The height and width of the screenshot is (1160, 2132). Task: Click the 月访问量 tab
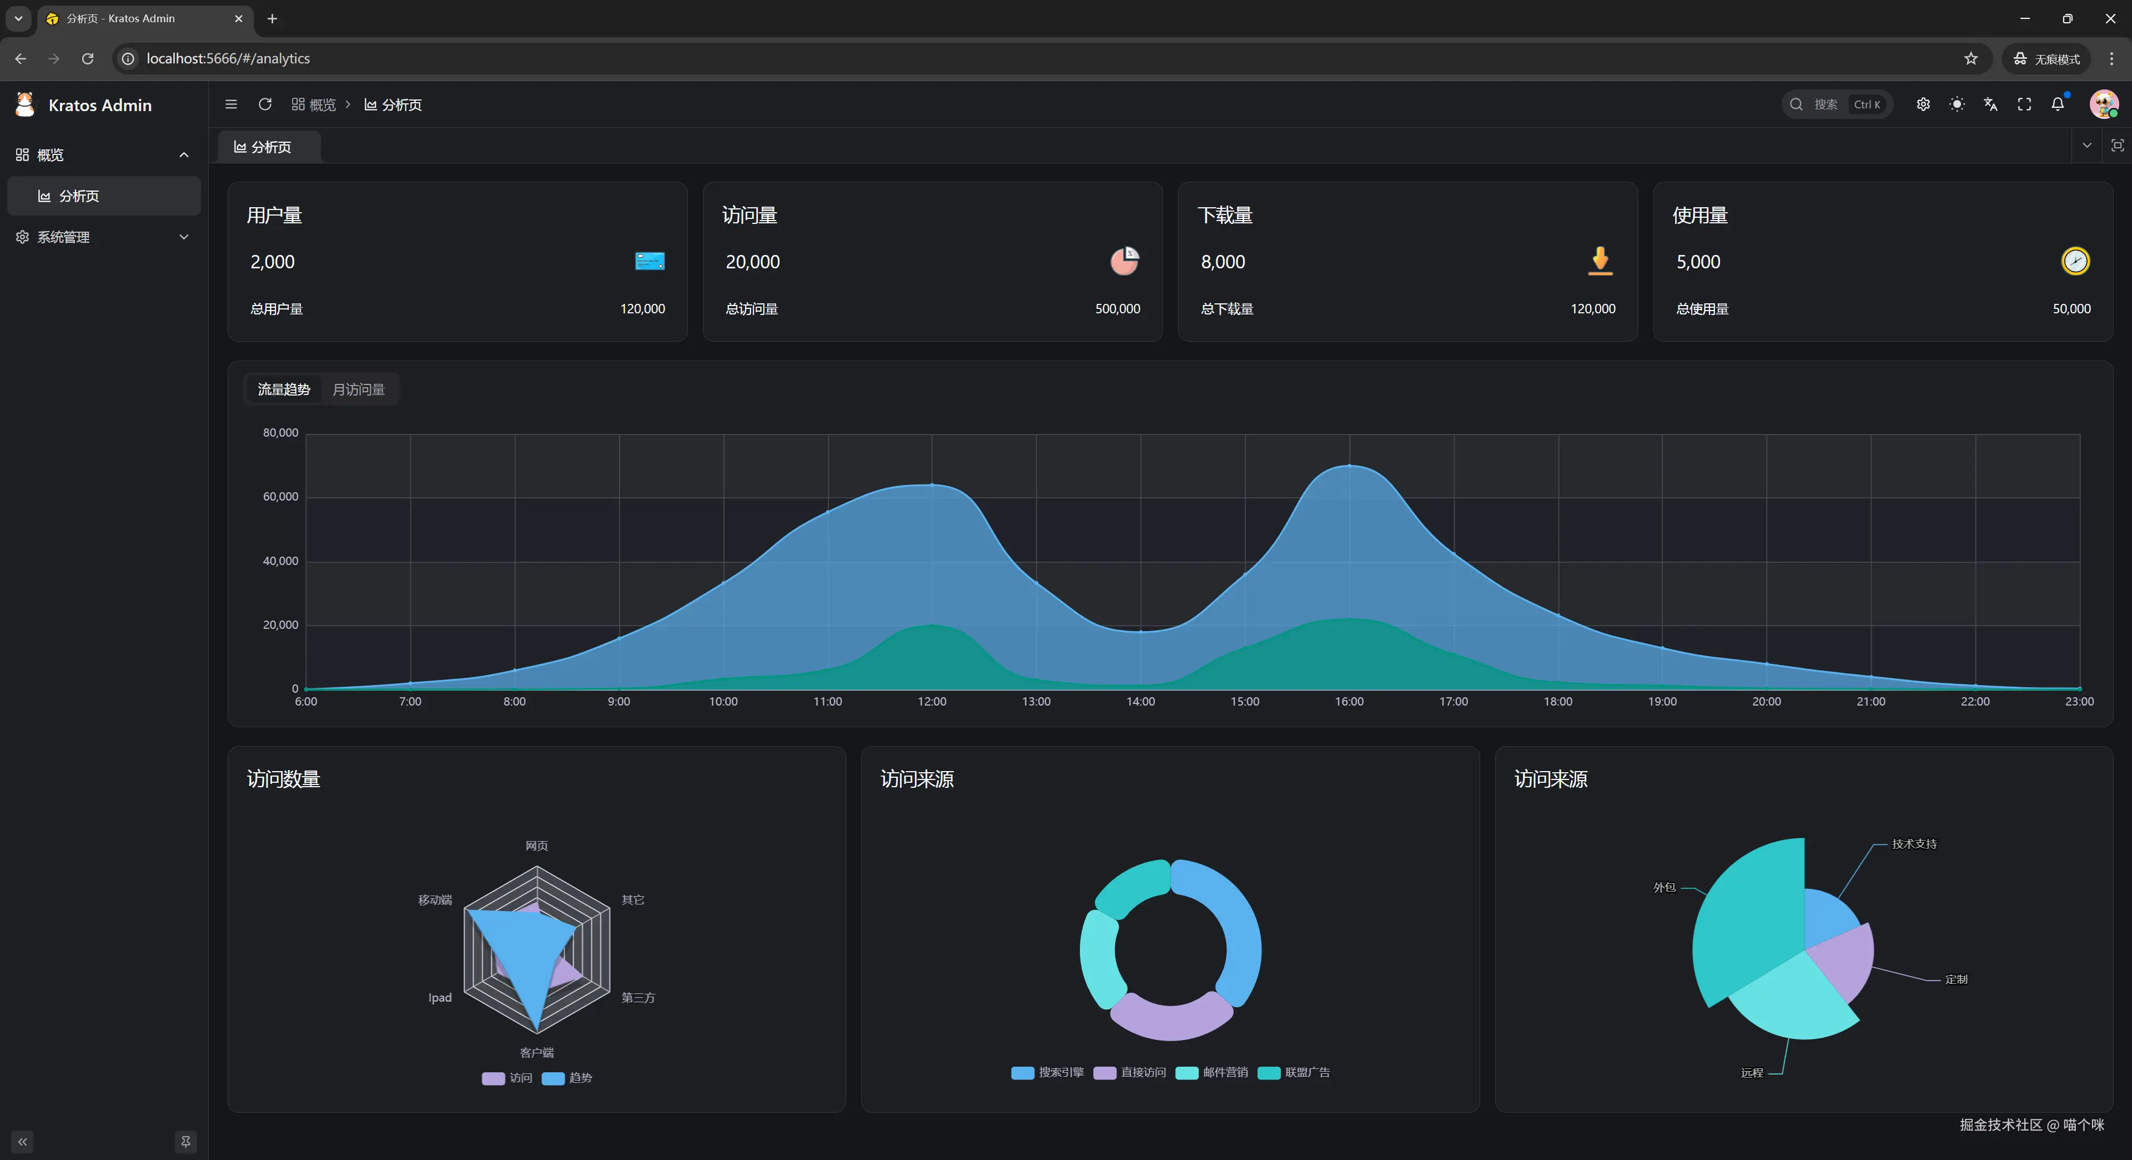[358, 389]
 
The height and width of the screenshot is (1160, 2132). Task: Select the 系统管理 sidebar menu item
[64, 237]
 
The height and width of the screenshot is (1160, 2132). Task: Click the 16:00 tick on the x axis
[1349, 701]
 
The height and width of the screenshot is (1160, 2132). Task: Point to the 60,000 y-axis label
[280, 497]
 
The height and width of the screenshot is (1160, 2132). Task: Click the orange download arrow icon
[1600, 260]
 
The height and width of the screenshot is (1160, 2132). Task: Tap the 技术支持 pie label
[1913, 844]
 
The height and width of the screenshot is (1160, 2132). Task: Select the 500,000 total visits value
[1117, 309]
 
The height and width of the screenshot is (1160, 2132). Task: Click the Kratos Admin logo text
[100, 105]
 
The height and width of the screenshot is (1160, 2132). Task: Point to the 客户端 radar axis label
[536, 1052]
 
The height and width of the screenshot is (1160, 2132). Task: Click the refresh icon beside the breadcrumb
[265, 104]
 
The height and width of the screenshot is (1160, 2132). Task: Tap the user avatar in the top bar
[2103, 104]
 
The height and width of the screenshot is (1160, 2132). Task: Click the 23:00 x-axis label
[2079, 701]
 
